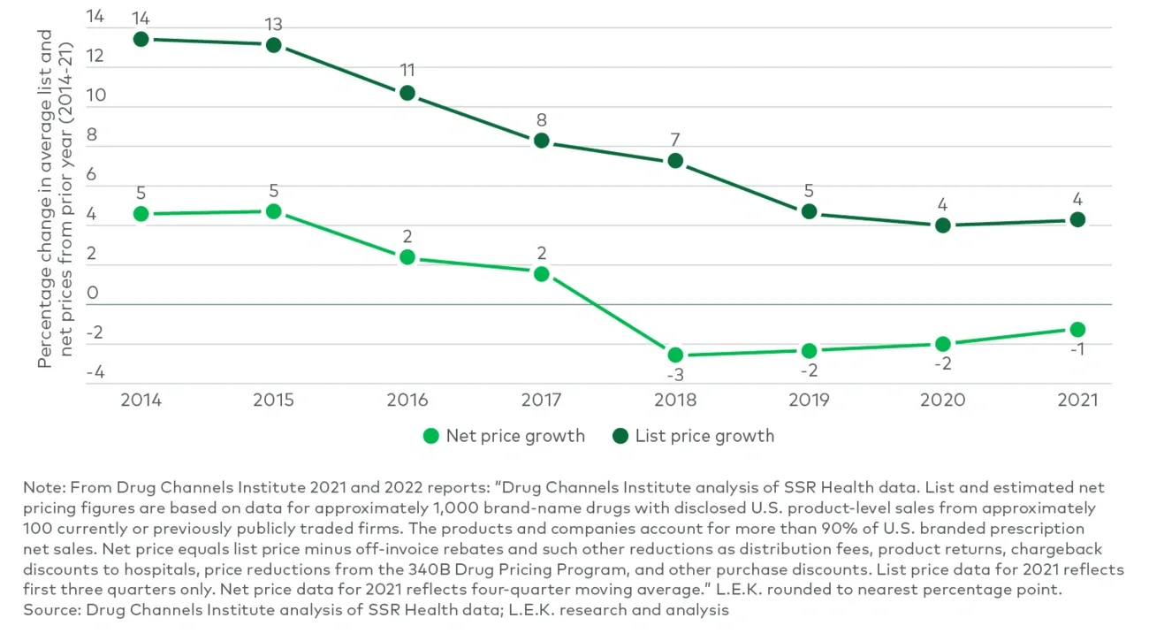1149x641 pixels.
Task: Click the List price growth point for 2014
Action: pos(141,39)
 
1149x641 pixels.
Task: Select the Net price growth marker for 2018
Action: pos(674,355)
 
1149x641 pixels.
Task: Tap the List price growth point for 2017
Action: pos(541,141)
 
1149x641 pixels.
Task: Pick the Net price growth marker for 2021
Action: pos(1077,329)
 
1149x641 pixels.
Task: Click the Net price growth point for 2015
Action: pos(274,211)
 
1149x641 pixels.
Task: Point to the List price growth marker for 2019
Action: pos(809,211)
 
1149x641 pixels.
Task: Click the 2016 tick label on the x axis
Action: pos(407,401)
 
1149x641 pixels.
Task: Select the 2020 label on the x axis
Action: pos(943,401)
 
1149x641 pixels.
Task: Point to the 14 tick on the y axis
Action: pos(95,17)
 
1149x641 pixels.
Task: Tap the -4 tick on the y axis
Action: pos(95,372)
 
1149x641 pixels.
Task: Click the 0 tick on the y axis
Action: pos(93,294)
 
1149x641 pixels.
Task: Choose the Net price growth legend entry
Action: pos(505,436)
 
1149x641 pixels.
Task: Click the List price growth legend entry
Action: pos(694,436)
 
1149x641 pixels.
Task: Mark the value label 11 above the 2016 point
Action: pos(407,70)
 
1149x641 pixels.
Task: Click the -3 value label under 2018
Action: pos(674,376)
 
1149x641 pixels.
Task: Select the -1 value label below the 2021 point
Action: pos(1077,349)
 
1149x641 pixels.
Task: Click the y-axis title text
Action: pos(54,199)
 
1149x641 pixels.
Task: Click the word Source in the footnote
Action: pos(46,610)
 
